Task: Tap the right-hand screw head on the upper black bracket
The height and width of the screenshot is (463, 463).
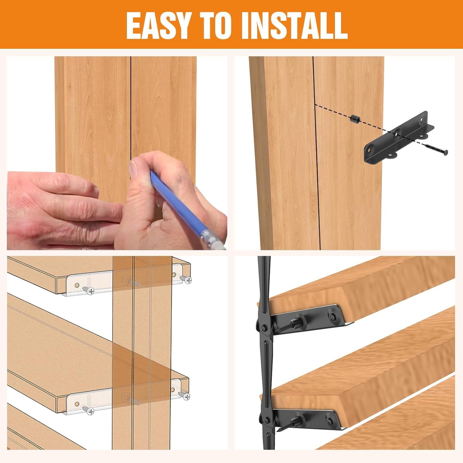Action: (332, 317)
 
